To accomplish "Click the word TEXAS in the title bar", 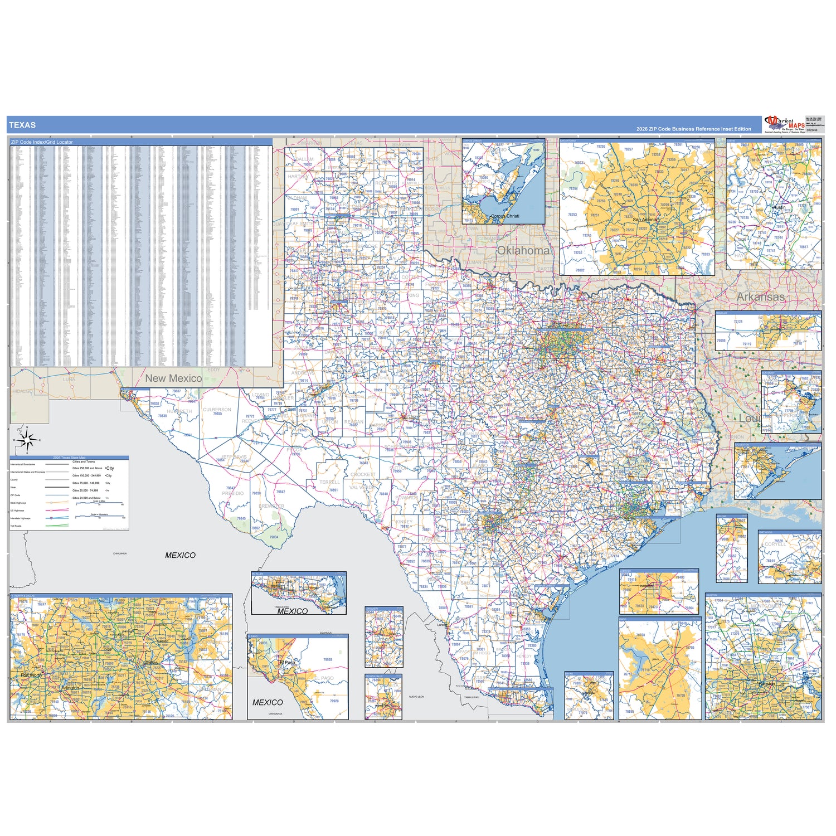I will [x=22, y=125].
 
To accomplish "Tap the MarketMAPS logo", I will [x=785, y=124].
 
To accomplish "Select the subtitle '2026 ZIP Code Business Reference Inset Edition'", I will [x=693, y=129].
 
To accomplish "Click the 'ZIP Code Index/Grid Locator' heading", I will [x=42, y=142].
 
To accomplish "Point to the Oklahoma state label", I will [x=523, y=250].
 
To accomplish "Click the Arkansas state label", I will [x=760, y=297].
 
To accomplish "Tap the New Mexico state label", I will [x=173, y=378].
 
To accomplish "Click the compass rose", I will [x=27, y=440].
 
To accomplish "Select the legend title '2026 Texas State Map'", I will [x=69, y=458].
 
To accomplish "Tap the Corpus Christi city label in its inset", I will [x=505, y=216].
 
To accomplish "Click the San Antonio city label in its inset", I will [x=645, y=220].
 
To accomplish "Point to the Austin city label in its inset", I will [x=779, y=207].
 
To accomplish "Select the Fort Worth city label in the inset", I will [x=31, y=675].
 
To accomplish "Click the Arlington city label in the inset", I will [x=70, y=688].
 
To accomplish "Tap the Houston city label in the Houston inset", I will [x=766, y=683].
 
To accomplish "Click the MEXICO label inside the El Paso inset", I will [x=268, y=702].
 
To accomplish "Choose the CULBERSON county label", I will [x=217, y=410].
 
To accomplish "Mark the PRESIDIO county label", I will [x=233, y=493].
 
